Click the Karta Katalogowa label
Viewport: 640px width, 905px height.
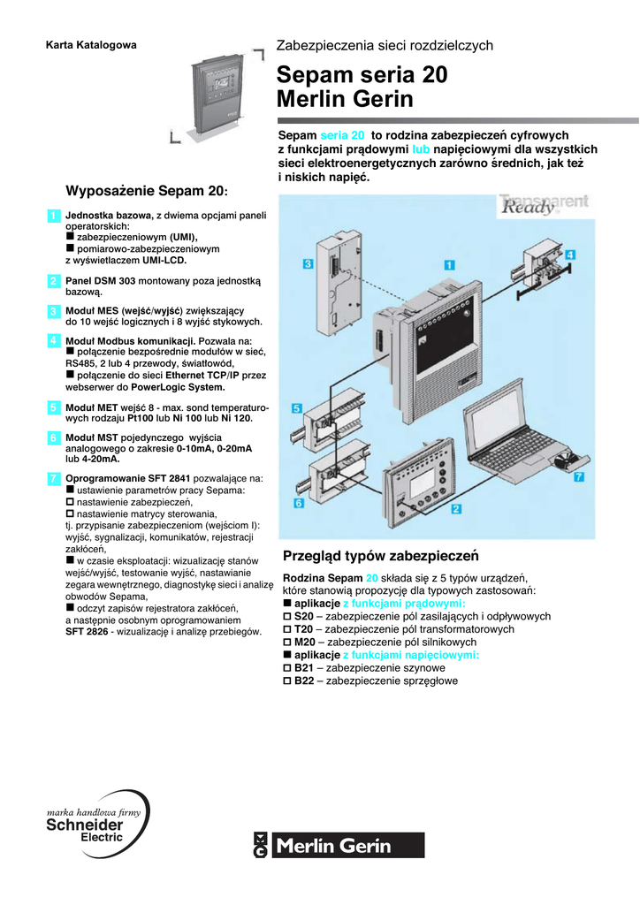click(x=91, y=45)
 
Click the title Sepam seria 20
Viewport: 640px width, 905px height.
click(x=362, y=75)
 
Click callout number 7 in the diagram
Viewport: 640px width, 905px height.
click(x=579, y=478)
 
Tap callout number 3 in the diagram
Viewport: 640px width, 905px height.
click(x=307, y=263)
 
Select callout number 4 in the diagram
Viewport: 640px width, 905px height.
click(x=570, y=255)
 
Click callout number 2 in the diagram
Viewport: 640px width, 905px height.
click(x=456, y=509)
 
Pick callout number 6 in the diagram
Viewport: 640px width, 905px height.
click(x=299, y=503)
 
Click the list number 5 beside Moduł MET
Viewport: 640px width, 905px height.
click(x=53, y=407)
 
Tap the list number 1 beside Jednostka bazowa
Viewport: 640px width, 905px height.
click(x=53, y=216)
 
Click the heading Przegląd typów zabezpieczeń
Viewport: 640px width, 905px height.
click(x=379, y=557)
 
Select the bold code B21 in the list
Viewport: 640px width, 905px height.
click(x=304, y=669)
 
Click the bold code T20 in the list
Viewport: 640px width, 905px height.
click(x=304, y=629)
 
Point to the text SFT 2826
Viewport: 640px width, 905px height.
click(x=93, y=632)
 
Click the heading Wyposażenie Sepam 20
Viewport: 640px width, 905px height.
click(x=146, y=190)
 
